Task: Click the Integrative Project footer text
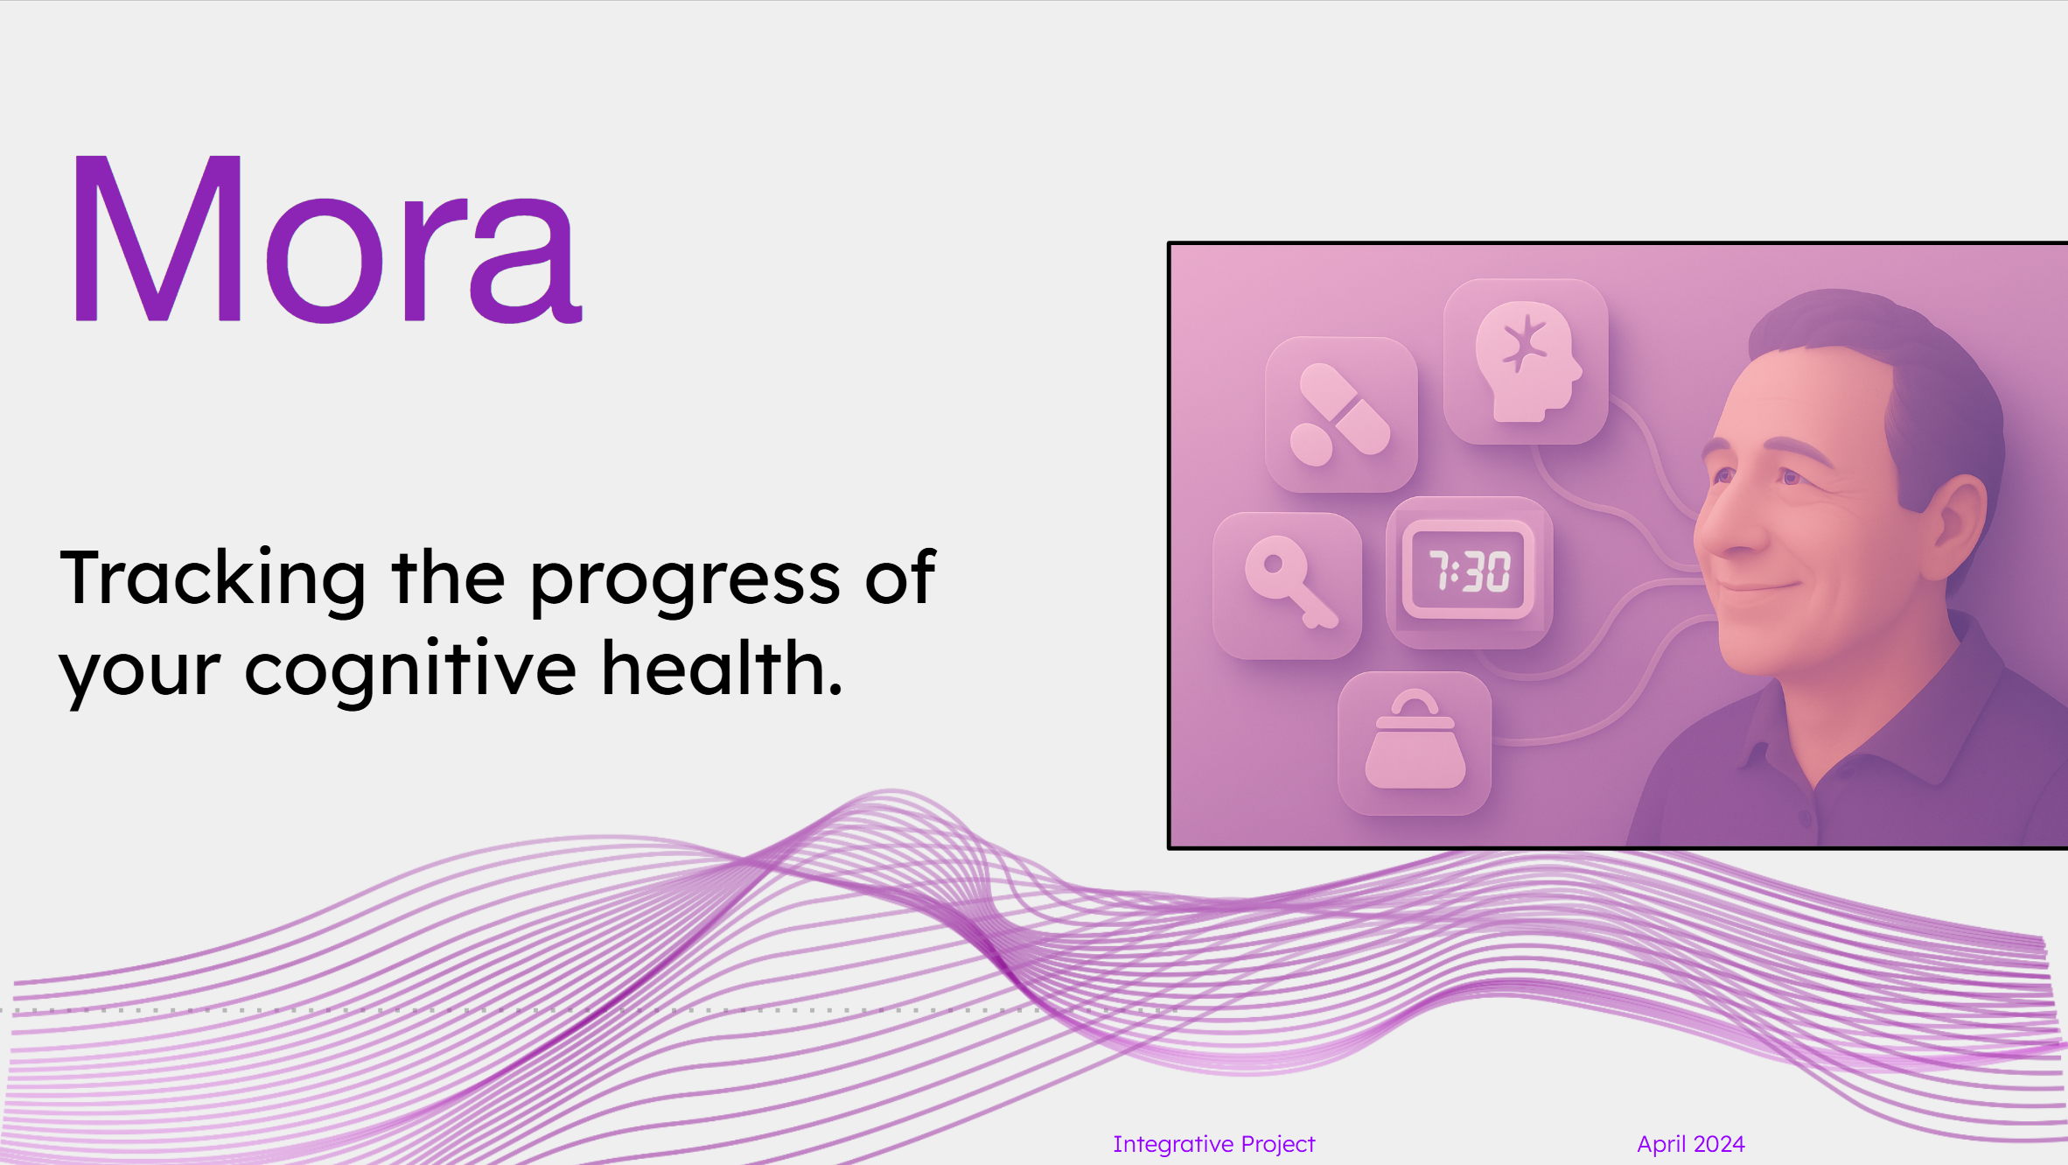[x=1214, y=1144]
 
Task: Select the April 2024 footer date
[x=1691, y=1144]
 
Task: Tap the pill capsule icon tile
[x=1341, y=415]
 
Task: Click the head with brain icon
[x=1527, y=361]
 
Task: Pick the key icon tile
[x=1288, y=586]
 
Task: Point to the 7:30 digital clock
[x=1470, y=572]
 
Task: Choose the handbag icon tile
[x=1415, y=743]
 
